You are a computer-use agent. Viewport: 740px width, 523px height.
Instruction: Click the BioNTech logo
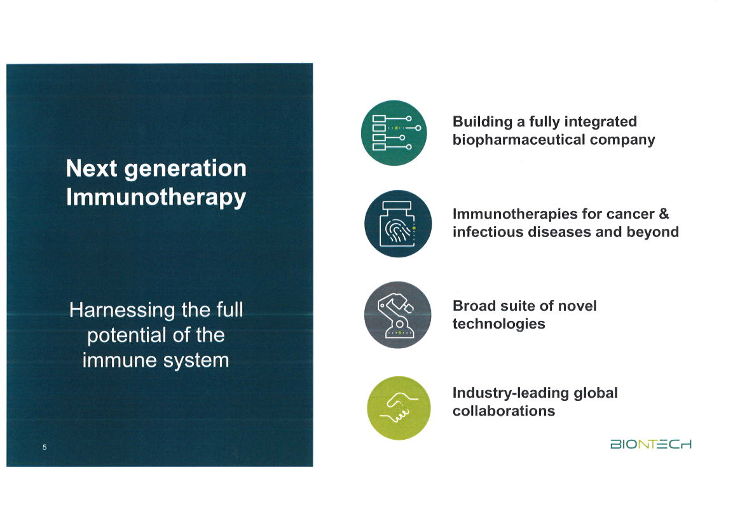(650, 444)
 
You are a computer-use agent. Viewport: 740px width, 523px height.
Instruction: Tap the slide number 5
(45, 447)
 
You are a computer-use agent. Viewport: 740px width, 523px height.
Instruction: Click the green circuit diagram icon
(392, 133)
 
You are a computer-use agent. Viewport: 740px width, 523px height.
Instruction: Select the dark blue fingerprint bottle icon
(398, 224)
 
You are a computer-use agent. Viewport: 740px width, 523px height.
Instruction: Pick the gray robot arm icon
(398, 315)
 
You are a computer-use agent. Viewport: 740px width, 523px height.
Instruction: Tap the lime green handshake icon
(398, 407)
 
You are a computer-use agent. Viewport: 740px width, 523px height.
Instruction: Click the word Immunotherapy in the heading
(156, 197)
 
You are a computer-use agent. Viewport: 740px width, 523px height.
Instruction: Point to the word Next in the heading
(92, 168)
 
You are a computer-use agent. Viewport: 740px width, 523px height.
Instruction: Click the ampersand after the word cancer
(664, 214)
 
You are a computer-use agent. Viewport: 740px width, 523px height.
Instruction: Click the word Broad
(473, 306)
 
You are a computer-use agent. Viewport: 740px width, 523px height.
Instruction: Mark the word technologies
(498, 324)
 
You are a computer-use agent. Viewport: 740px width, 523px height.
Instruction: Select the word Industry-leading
(510, 393)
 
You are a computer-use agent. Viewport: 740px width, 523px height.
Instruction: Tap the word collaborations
(504, 411)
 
